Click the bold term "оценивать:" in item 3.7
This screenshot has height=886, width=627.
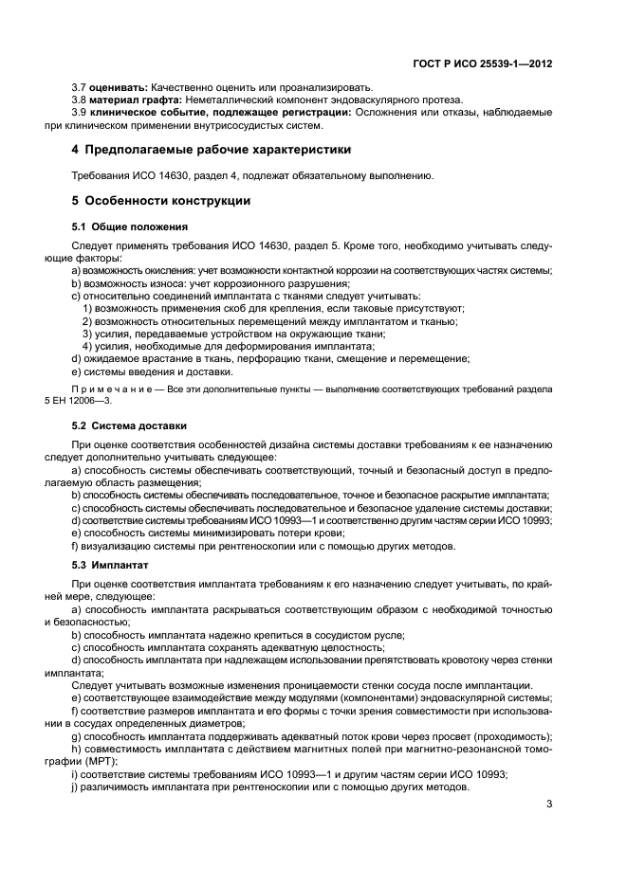[x=118, y=88]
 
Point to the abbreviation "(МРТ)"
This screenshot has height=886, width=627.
[x=98, y=761]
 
